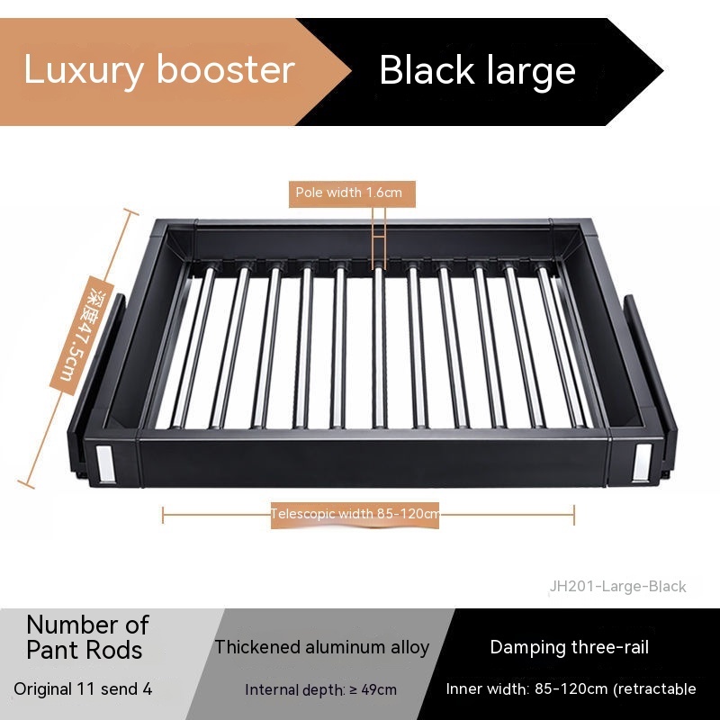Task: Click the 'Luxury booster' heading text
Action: [158, 70]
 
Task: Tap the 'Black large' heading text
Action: [477, 70]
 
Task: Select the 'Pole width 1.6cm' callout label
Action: [353, 193]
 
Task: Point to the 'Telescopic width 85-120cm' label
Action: [355, 514]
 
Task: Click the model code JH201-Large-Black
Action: [617, 587]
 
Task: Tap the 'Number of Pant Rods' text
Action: [87, 636]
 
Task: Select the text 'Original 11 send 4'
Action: [83, 689]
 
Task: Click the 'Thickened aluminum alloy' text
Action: [321, 647]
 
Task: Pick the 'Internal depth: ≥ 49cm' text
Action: [321, 690]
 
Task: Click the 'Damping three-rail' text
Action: [569, 647]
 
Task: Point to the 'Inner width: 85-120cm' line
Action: [571, 689]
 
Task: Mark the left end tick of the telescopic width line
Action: [163, 515]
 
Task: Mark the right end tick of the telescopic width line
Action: [574, 515]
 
